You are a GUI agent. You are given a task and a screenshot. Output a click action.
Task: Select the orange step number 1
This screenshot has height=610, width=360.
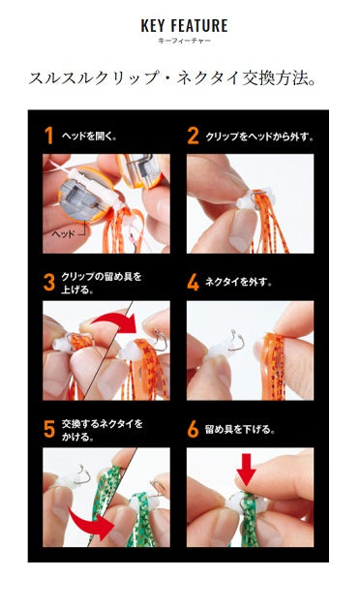48,136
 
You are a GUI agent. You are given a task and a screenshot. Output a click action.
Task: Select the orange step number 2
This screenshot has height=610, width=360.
192,136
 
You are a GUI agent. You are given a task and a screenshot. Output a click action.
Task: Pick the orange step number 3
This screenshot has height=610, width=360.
48,282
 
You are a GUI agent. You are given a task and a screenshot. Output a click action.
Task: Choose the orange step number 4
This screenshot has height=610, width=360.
193,283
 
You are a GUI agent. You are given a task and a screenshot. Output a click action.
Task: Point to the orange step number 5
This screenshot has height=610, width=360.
48,429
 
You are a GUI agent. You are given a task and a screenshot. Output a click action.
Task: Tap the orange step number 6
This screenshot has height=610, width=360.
193,429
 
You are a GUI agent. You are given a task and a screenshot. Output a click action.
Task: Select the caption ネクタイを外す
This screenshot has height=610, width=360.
240,283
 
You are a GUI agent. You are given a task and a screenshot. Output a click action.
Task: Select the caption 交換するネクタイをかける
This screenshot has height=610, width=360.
102,429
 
